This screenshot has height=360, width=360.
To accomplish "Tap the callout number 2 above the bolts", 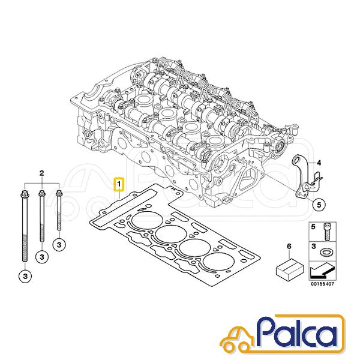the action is click(x=41, y=173).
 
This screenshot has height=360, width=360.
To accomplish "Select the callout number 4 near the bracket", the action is click(x=319, y=163).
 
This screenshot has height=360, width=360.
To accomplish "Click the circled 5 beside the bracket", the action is click(x=319, y=205).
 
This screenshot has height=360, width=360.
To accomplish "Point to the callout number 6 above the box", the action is click(x=289, y=247).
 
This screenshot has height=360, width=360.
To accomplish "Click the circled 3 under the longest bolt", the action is click(x=25, y=276).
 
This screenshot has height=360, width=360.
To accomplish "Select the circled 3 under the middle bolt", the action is click(x=42, y=257).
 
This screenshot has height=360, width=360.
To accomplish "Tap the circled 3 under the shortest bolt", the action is click(x=59, y=245).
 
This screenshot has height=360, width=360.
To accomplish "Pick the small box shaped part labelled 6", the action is click(x=290, y=268).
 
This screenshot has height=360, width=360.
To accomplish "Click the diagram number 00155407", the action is click(x=323, y=284).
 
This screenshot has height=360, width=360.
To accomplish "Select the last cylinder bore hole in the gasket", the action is click(x=218, y=262).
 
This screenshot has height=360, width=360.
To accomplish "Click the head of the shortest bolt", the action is click(x=59, y=194).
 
